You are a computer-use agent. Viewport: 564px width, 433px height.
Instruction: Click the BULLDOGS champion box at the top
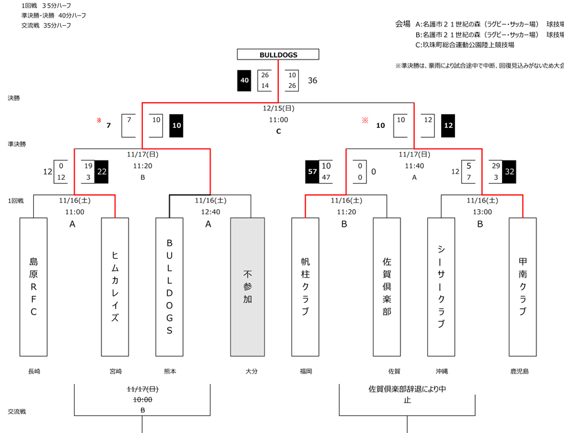click(278, 55)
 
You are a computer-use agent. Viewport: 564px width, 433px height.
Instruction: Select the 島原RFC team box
click(33, 286)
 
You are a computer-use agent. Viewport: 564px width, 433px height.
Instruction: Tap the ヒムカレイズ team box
click(115, 286)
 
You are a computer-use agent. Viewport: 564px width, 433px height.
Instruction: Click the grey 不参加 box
click(248, 286)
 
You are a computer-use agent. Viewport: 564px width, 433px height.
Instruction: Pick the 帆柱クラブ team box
click(305, 286)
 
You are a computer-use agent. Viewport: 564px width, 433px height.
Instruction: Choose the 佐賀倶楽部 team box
click(387, 286)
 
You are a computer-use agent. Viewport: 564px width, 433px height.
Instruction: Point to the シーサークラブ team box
click(441, 286)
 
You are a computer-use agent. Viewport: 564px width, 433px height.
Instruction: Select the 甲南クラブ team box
click(523, 286)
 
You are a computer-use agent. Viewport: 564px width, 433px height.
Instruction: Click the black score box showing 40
click(244, 81)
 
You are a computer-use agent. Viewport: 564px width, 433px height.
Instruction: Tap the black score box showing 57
click(312, 172)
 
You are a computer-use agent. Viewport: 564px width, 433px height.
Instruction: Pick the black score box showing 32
click(509, 172)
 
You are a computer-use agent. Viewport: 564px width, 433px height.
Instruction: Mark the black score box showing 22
click(102, 172)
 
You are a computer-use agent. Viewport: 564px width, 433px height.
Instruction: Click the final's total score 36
click(312, 81)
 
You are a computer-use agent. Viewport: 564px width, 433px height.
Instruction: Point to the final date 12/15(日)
click(278, 108)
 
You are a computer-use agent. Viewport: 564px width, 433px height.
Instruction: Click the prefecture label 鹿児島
click(520, 372)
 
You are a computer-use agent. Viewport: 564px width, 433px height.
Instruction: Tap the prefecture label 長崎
click(34, 372)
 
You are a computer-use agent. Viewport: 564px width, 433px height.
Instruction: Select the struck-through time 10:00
click(142, 399)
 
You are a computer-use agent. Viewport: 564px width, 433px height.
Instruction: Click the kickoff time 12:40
click(211, 212)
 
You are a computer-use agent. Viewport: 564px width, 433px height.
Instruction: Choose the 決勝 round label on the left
click(14, 98)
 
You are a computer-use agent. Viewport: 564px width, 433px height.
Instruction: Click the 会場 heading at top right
click(402, 24)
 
